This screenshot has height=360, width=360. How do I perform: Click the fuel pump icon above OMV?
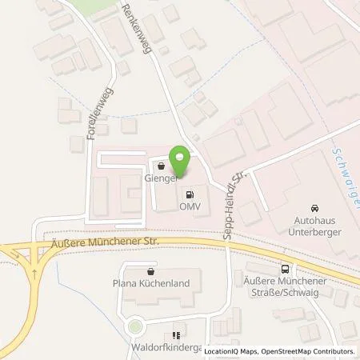point(190,194)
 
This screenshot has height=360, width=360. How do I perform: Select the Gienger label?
point(160,179)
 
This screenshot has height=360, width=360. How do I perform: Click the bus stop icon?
point(286,270)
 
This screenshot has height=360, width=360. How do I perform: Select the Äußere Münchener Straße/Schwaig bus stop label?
point(282,289)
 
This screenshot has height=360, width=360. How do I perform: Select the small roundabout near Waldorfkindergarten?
point(134,327)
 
